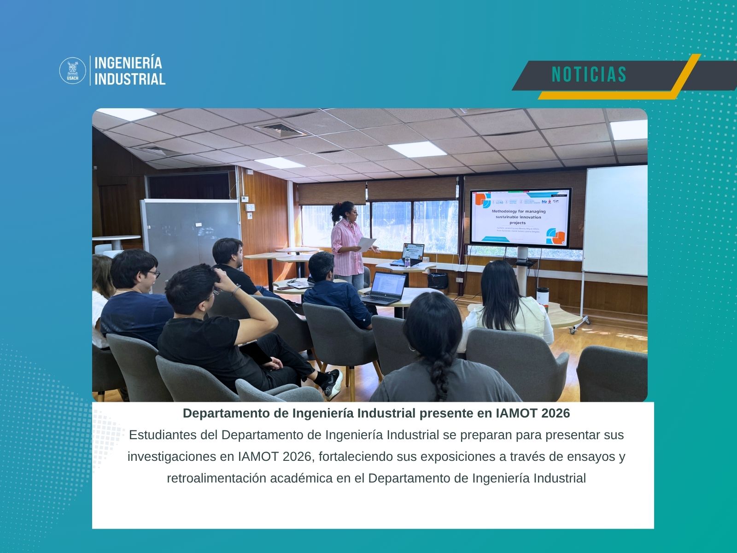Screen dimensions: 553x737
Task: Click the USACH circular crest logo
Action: [x=73, y=71]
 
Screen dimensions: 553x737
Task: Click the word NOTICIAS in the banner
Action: [x=589, y=74]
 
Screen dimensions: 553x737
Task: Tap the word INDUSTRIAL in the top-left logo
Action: [x=129, y=79]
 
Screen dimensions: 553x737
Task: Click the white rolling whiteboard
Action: [x=615, y=220]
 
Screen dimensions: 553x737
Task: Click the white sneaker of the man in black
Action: [x=333, y=383]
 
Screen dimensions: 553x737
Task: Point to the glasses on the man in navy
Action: [x=154, y=274]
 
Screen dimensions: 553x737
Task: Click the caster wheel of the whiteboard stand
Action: [x=573, y=330]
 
